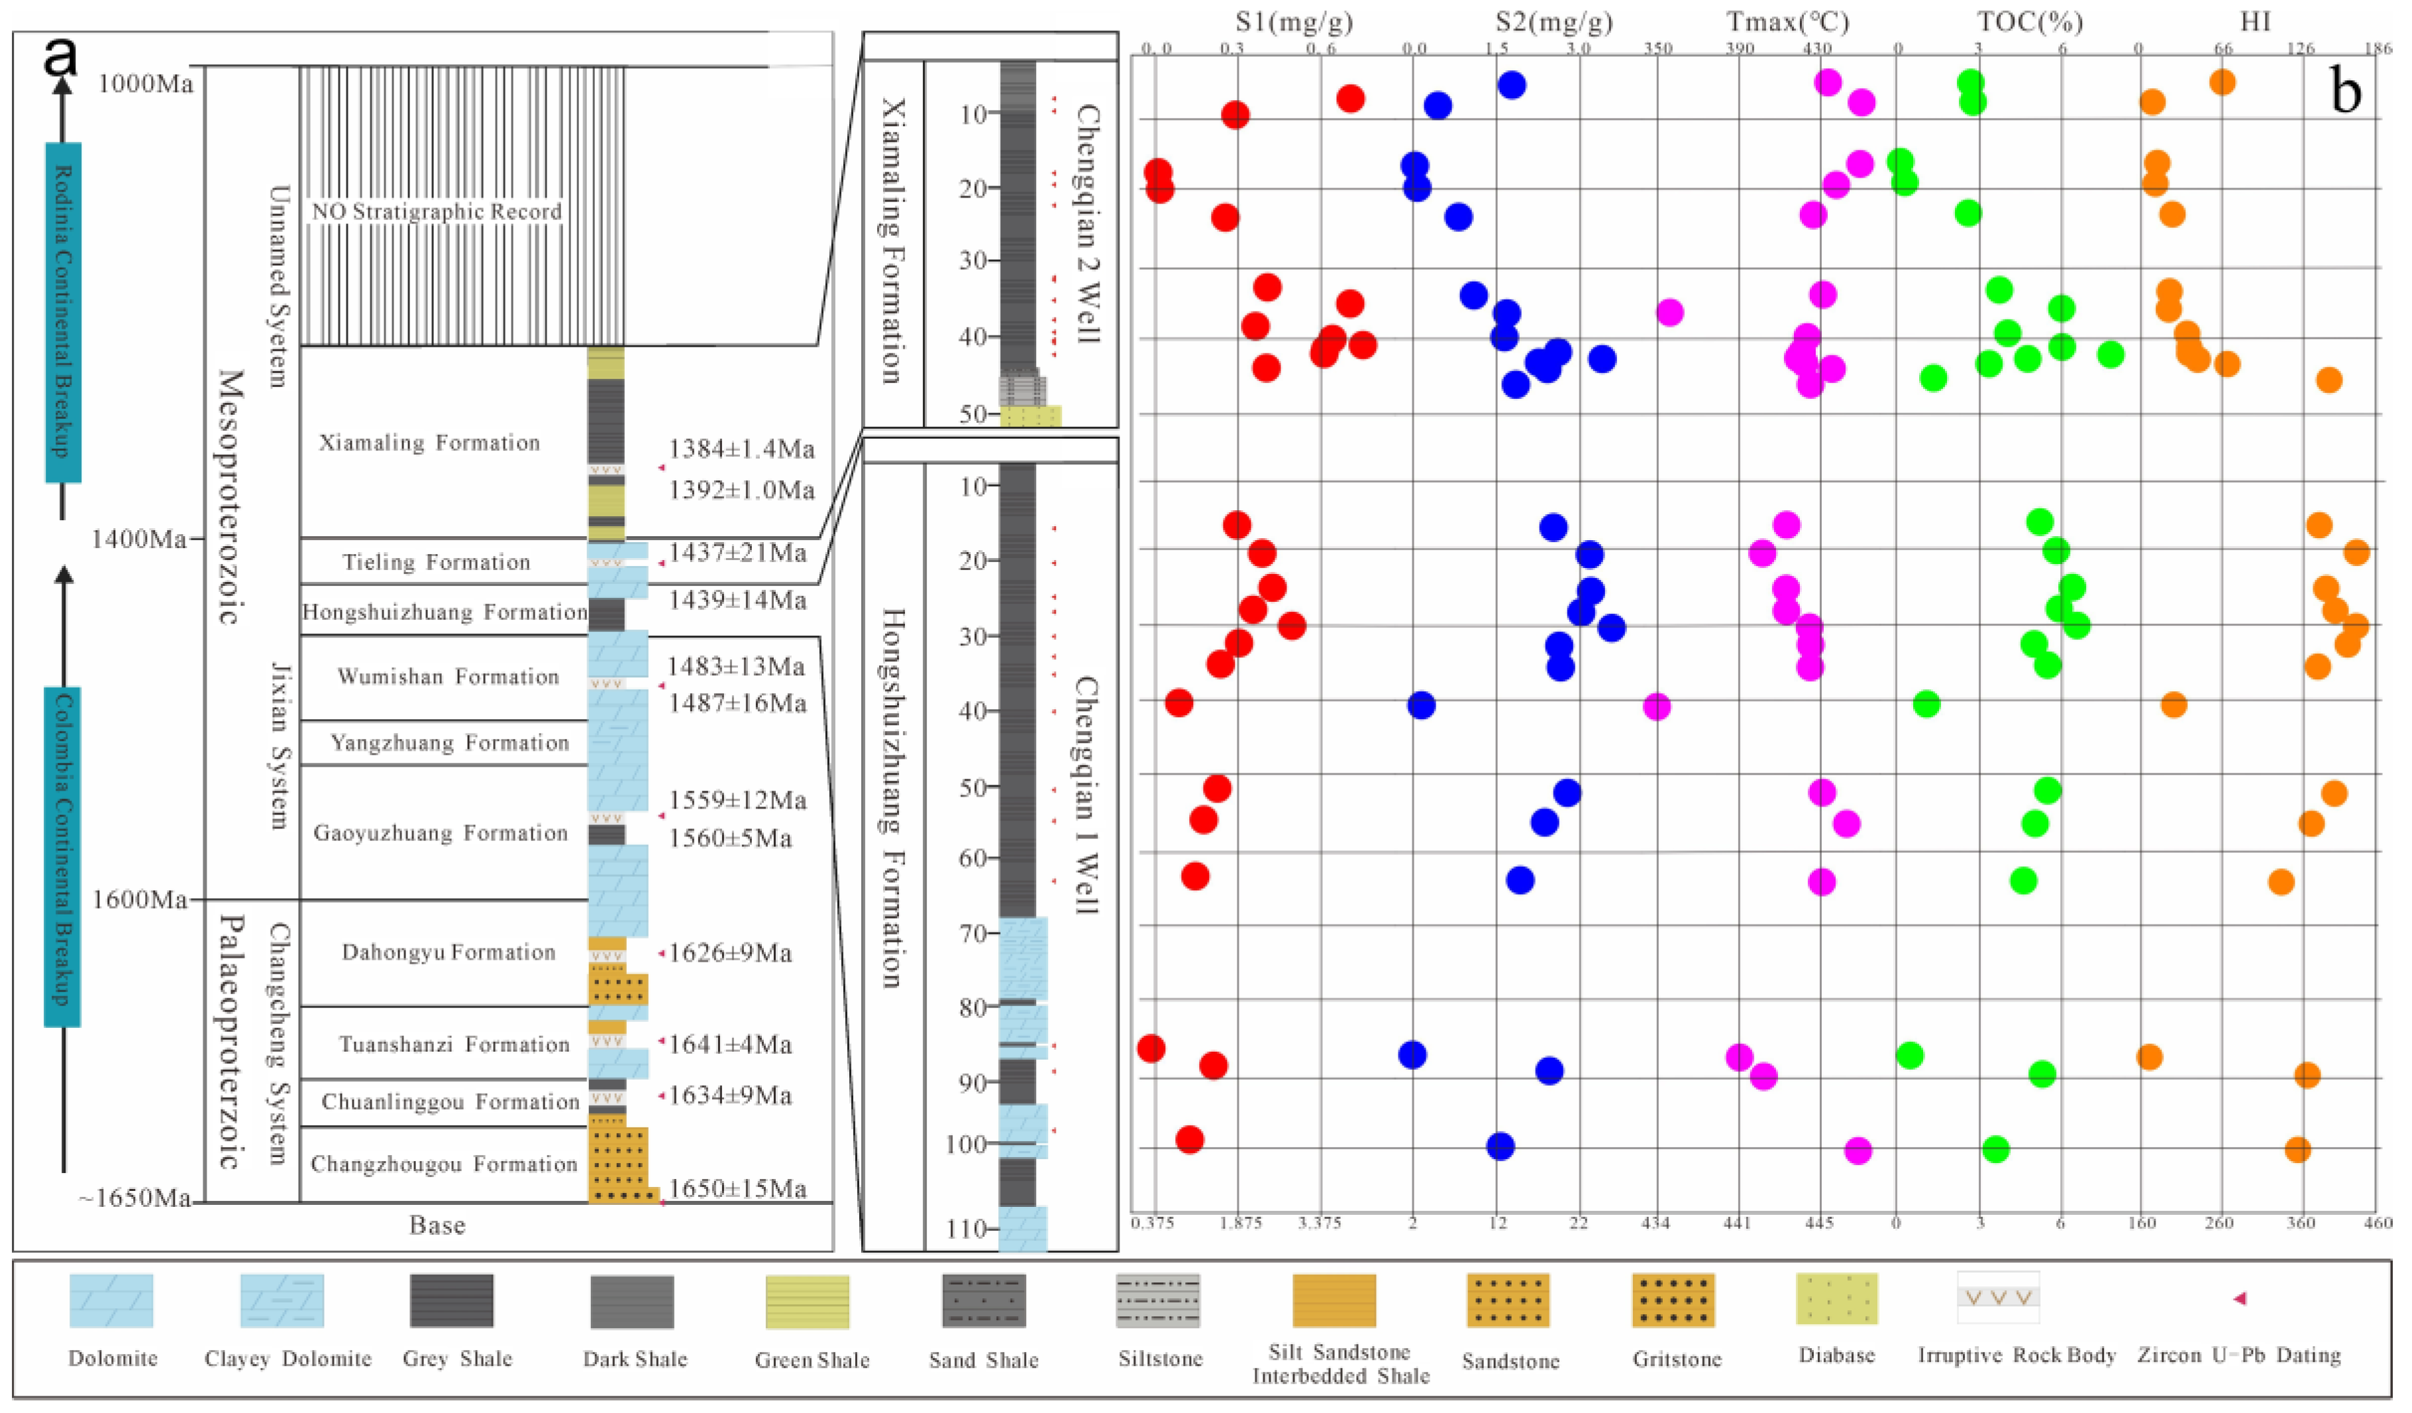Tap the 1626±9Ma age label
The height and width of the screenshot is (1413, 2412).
point(729,954)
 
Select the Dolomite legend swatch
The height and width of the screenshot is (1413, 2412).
point(111,1300)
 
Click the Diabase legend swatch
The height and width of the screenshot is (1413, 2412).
point(1836,1299)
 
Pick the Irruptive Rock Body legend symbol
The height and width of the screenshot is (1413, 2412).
point(1997,1298)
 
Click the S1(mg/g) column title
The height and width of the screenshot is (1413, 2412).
point(1294,22)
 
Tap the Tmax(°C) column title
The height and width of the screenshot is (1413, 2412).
point(1787,22)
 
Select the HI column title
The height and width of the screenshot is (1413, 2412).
point(2255,22)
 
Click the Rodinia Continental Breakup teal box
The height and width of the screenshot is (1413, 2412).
point(63,312)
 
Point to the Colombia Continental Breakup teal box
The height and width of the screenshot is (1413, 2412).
point(63,857)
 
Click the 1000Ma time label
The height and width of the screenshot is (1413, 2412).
point(144,84)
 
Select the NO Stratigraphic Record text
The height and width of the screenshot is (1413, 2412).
point(437,211)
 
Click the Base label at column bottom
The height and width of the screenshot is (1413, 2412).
point(437,1226)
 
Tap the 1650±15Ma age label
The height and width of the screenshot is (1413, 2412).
point(737,1189)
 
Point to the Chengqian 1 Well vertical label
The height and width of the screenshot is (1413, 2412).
point(1084,795)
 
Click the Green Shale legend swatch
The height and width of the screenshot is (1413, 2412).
point(807,1301)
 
